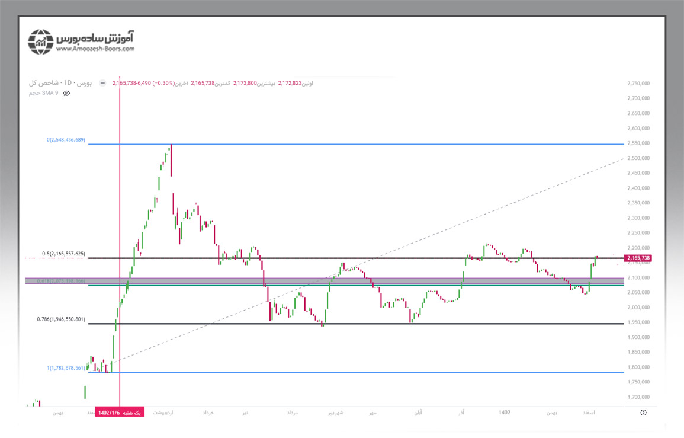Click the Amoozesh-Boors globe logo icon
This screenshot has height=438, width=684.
pyautogui.click(x=41, y=41)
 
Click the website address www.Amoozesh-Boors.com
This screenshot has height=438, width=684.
pyautogui.click(x=95, y=49)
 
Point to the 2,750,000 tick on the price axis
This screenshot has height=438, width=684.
pyautogui.click(x=640, y=84)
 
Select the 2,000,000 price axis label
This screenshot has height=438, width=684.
pyautogui.click(x=640, y=308)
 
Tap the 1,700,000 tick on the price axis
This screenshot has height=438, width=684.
pyautogui.click(x=640, y=397)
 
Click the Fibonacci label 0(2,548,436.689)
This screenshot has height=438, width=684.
pyautogui.click(x=66, y=140)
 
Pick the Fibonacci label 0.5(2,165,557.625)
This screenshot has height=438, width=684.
pyautogui.click(x=64, y=254)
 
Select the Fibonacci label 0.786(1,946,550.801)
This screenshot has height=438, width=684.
pyautogui.click(x=64, y=319)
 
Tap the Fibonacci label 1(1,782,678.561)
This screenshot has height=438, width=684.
pyautogui.click(x=66, y=368)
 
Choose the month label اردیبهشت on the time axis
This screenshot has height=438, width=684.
pyautogui.click(x=163, y=412)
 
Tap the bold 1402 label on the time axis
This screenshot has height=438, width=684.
pyautogui.click(x=505, y=412)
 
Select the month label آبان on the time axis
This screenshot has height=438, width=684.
pyautogui.click(x=418, y=412)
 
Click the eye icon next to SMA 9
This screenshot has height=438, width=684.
pyautogui.click(x=66, y=93)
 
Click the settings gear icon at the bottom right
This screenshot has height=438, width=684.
pyautogui.click(x=643, y=412)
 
